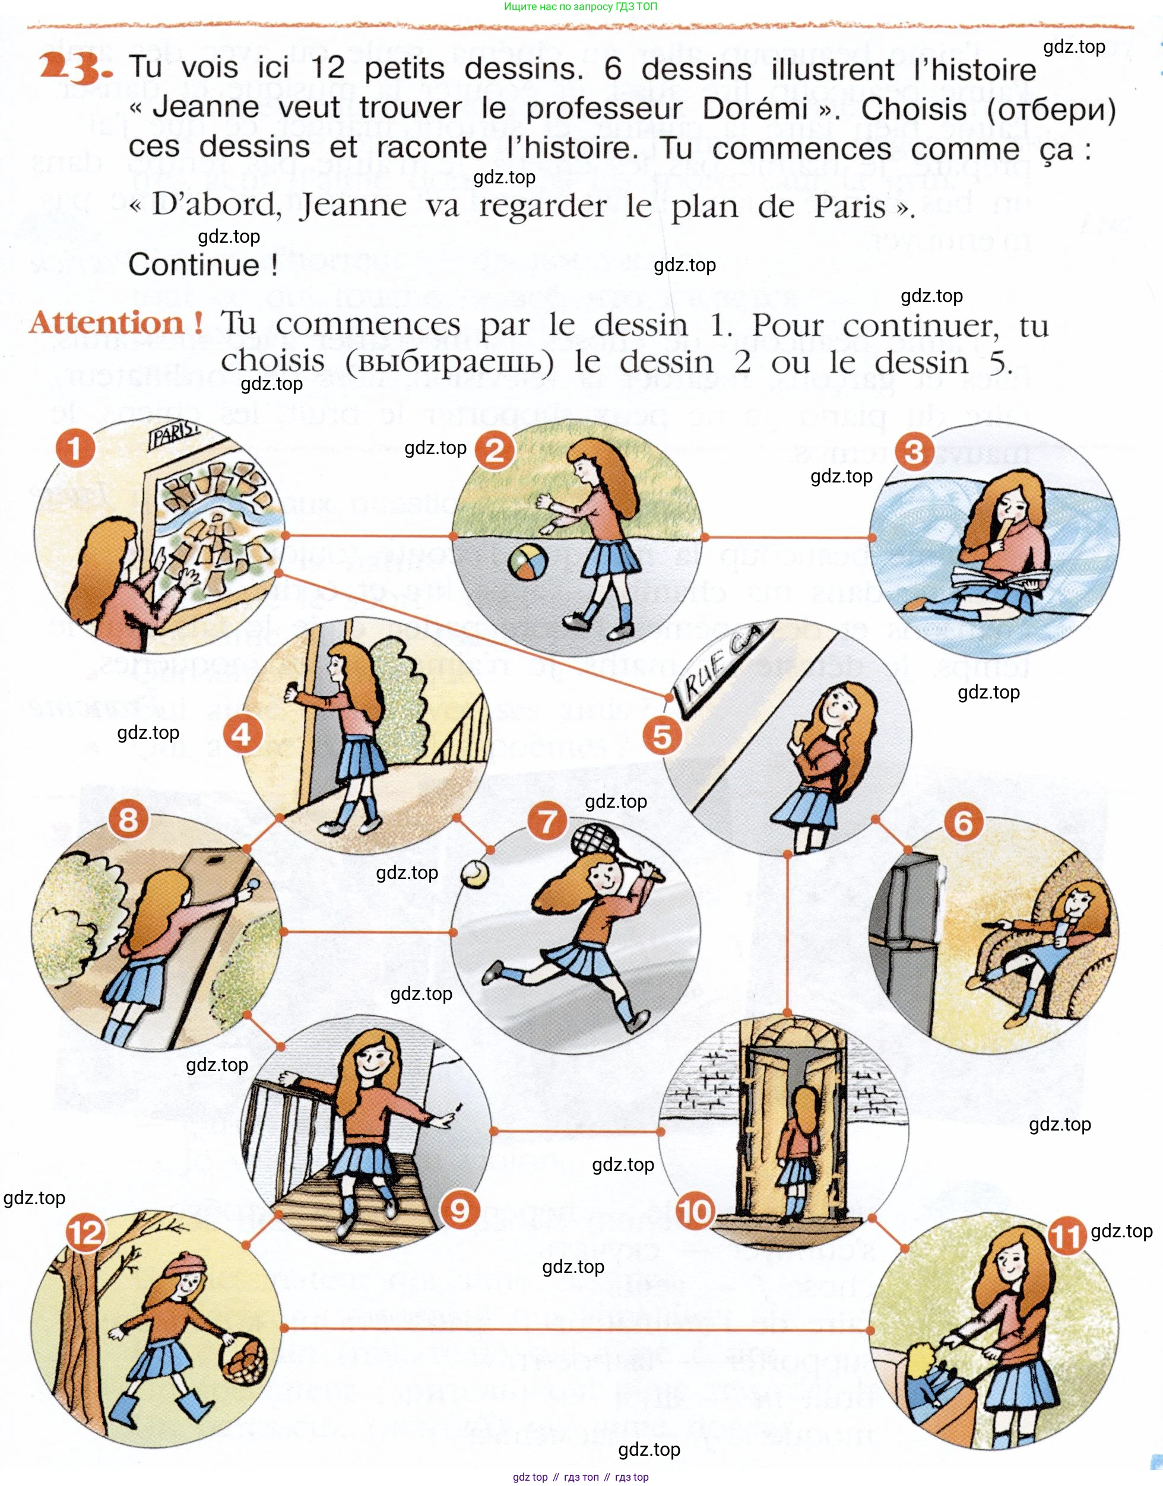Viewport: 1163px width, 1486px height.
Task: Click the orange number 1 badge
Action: [75, 449]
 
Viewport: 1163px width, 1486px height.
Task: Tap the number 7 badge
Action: [548, 821]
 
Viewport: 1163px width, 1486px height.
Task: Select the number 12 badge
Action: [86, 1233]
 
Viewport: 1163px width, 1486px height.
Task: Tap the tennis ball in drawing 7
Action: [474, 874]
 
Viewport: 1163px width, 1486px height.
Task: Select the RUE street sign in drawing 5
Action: [720, 670]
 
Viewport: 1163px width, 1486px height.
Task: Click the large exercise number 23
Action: [74, 68]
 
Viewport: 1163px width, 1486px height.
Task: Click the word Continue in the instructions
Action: [194, 265]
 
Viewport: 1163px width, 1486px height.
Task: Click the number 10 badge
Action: [695, 1212]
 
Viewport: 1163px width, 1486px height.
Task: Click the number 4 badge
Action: [242, 735]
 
